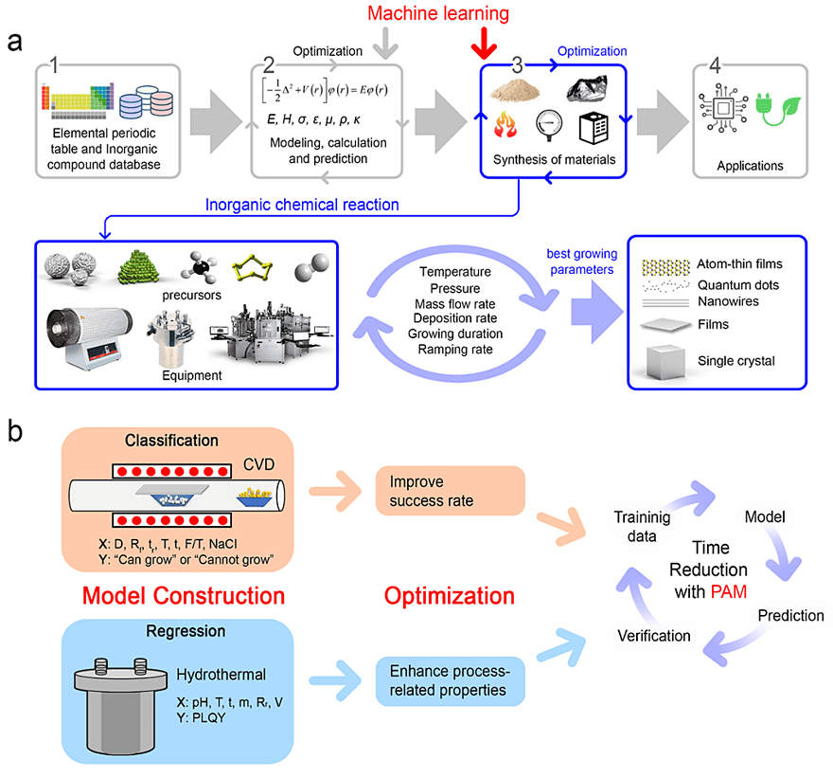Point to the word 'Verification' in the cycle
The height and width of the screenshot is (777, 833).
[654, 636]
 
